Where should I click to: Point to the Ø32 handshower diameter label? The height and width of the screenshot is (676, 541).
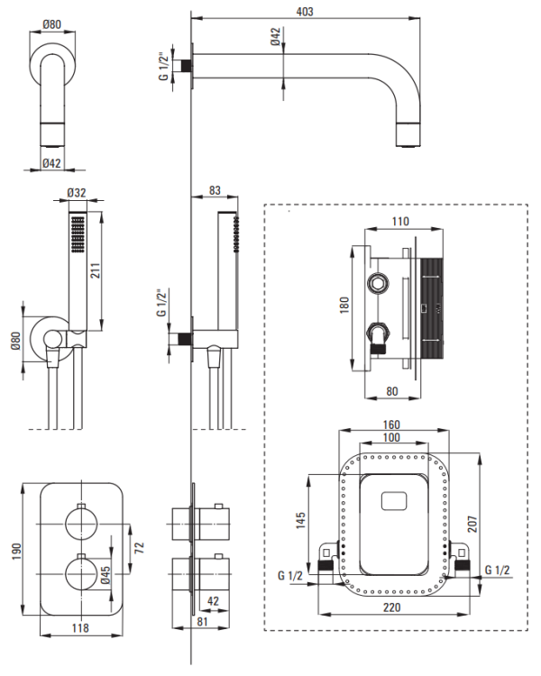coord(78,192)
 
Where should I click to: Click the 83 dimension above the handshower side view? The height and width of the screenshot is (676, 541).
coord(214,190)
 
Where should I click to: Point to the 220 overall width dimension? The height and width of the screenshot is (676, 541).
coord(390,609)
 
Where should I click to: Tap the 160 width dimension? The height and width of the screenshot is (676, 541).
coord(391,425)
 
